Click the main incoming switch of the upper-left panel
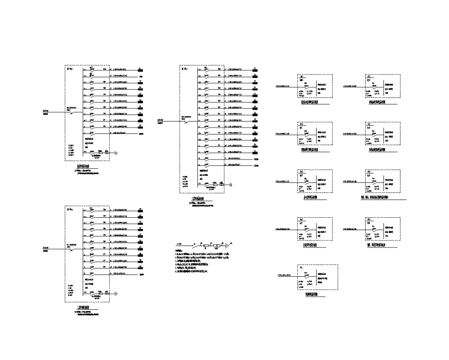click(72, 112)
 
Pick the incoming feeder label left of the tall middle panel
click(161, 122)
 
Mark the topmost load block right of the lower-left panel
click(142, 209)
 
